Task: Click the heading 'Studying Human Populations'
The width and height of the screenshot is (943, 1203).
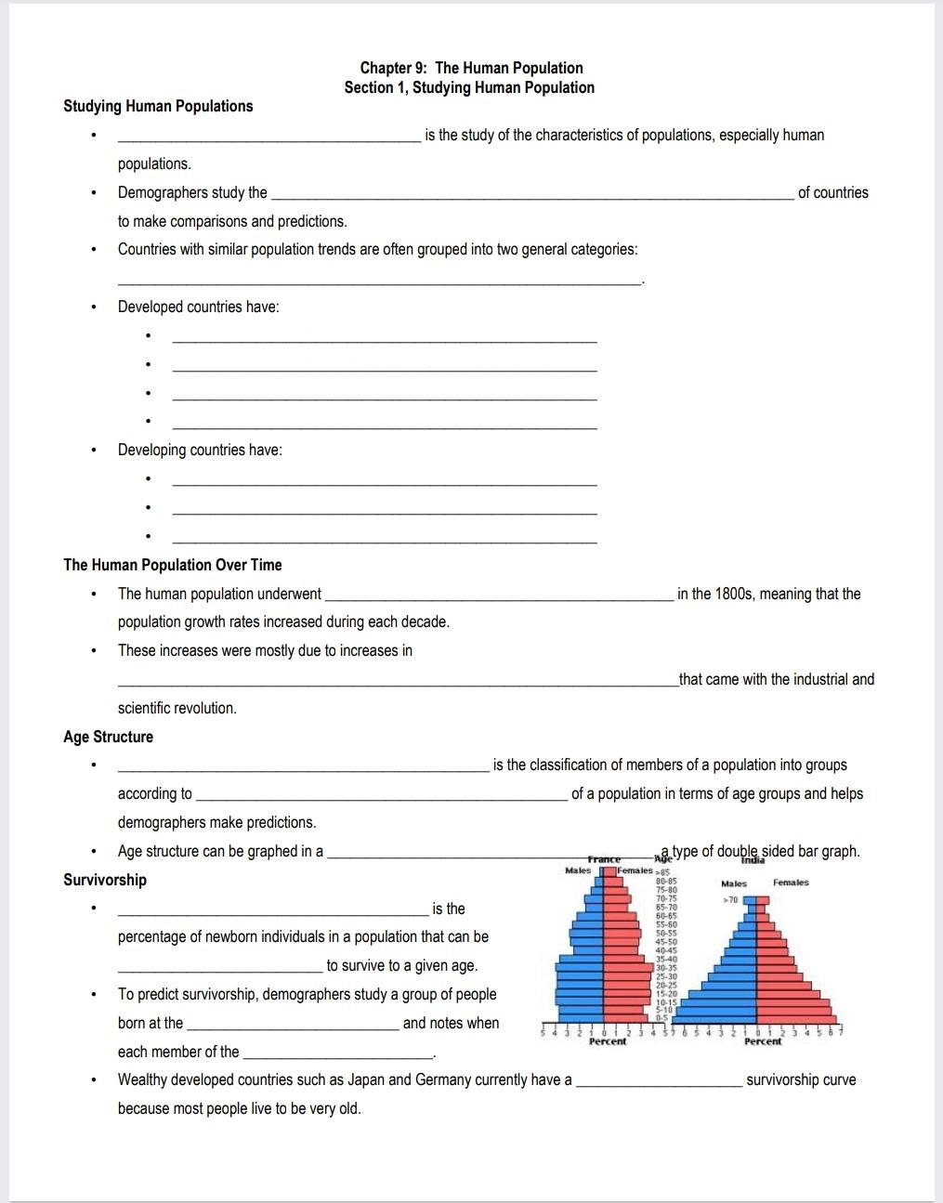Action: (x=158, y=106)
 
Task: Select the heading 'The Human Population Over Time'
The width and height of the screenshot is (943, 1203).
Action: (x=172, y=565)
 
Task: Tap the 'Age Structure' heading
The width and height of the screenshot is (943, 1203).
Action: (x=108, y=737)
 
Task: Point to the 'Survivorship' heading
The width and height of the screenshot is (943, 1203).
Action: (x=105, y=880)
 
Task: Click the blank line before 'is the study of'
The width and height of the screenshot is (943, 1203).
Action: (x=268, y=137)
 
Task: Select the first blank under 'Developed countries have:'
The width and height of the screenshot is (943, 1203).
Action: (x=385, y=338)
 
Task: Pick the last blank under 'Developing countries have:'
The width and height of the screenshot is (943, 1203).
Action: (x=385, y=539)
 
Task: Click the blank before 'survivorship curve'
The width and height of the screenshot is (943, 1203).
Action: (x=659, y=1082)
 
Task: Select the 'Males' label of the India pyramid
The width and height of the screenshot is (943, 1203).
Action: (x=734, y=883)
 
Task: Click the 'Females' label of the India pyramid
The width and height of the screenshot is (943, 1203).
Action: (x=791, y=883)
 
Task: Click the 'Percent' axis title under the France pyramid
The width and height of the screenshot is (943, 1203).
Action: (x=608, y=1041)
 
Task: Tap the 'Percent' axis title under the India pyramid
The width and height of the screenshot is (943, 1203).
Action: (x=763, y=1041)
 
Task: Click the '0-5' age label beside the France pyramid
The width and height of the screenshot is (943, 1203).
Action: (x=662, y=1019)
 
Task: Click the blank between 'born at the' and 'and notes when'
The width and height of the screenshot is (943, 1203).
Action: (x=293, y=1026)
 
